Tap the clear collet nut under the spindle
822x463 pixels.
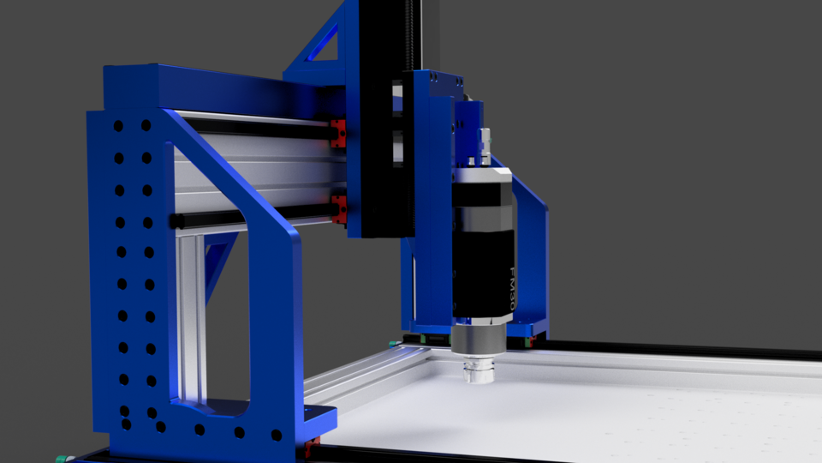[478, 372]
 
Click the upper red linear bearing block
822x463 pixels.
[339, 132]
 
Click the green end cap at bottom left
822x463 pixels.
[61, 458]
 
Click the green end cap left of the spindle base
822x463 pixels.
[395, 344]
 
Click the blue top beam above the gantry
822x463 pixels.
[214, 86]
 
